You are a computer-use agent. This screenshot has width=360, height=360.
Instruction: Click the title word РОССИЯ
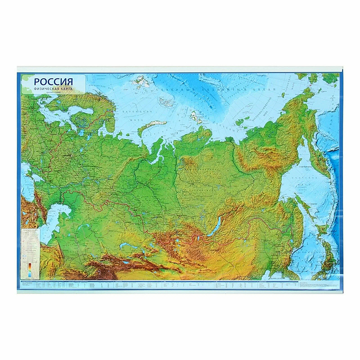click(53, 81)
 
